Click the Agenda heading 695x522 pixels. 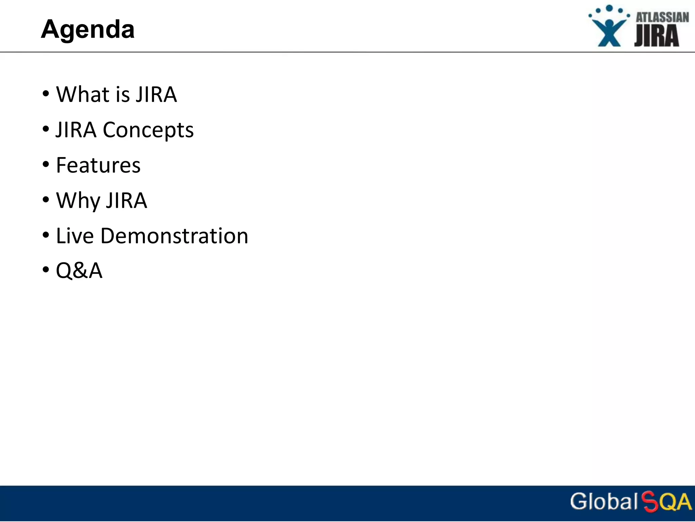tap(88, 29)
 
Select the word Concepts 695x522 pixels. tap(148, 130)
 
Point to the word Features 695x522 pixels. tap(98, 165)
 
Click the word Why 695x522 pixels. tap(78, 201)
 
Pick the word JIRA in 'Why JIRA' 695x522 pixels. tap(126, 201)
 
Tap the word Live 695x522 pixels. tap(75, 236)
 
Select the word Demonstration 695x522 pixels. tap(174, 236)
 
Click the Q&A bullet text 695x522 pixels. tap(79, 271)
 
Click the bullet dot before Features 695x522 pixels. tap(46, 165)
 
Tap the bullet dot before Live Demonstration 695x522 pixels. tap(46, 235)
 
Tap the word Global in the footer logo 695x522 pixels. tap(604, 501)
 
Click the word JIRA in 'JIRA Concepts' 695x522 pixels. tap(76, 130)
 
